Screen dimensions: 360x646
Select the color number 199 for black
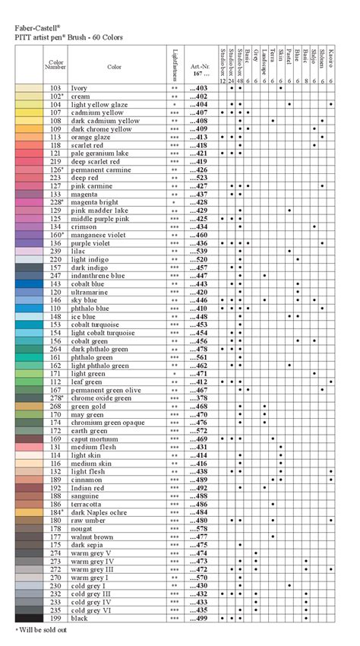(55, 619)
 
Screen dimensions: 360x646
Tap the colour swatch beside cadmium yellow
(28, 112)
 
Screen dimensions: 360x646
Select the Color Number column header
(55, 66)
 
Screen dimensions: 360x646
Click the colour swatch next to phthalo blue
(28, 309)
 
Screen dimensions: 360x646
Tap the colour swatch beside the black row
(28, 619)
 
